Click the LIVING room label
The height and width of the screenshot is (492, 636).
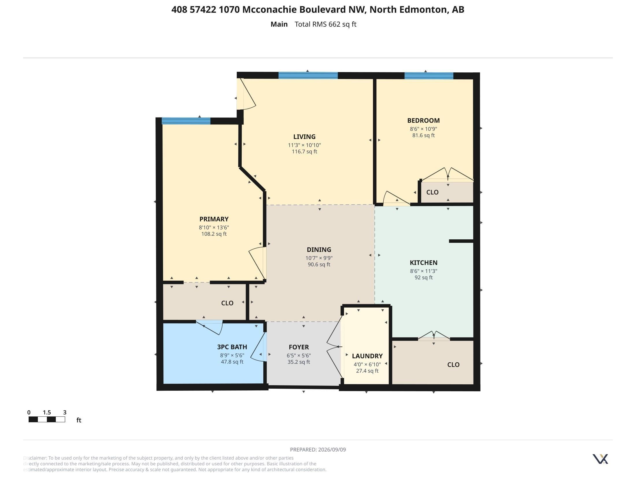[x=304, y=137]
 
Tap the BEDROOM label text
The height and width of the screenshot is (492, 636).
[x=424, y=120]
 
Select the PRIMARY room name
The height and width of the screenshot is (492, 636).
[x=214, y=219]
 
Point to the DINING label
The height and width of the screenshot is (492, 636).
[x=319, y=249]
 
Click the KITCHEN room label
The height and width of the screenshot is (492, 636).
[x=424, y=262]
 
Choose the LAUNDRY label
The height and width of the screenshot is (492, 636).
[x=367, y=356]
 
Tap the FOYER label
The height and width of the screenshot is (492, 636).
[x=299, y=347]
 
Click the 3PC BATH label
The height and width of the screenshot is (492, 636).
[x=232, y=347]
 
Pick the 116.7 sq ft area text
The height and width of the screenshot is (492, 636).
[x=304, y=152]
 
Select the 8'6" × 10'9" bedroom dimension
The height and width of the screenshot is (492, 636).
[x=424, y=129]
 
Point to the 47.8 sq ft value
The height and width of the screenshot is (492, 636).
[x=232, y=362]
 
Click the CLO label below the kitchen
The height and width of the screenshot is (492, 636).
[x=453, y=365]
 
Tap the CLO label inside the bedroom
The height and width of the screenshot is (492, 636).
[x=432, y=192]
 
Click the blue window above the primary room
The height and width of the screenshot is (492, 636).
[x=186, y=121]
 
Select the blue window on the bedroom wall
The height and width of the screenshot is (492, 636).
[x=429, y=76]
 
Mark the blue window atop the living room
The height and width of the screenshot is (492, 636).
[x=308, y=76]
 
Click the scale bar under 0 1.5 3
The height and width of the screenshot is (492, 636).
[x=47, y=419]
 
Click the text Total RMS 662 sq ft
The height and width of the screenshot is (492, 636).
[x=325, y=24]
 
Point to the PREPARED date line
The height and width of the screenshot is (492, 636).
[x=318, y=449]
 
